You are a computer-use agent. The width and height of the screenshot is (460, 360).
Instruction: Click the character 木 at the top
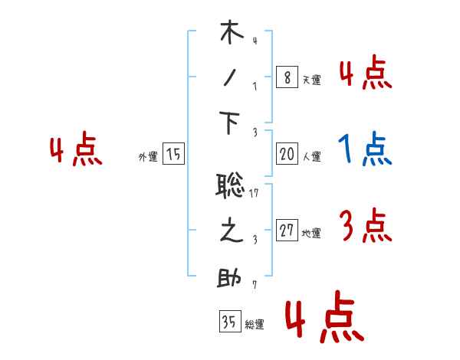[232, 34]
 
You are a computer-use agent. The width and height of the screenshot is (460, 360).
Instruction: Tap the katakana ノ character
[231, 79]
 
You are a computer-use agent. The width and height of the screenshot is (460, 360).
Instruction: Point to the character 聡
[231, 186]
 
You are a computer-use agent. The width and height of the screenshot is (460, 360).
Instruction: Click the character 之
[231, 231]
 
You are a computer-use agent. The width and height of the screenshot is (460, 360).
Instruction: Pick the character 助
[231, 277]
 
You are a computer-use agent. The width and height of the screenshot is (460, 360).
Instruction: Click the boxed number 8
[287, 77]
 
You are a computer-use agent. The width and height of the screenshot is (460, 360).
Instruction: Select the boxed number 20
[287, 155]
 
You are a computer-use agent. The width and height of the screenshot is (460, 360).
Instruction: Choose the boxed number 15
[173, 155]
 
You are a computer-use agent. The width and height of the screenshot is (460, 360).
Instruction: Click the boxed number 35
[229, 322]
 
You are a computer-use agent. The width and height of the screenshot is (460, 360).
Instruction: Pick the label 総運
[255, 325]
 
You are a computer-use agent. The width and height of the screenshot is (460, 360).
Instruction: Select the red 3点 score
[365, 227]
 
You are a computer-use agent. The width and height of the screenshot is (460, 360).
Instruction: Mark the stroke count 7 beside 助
[254, 286]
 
